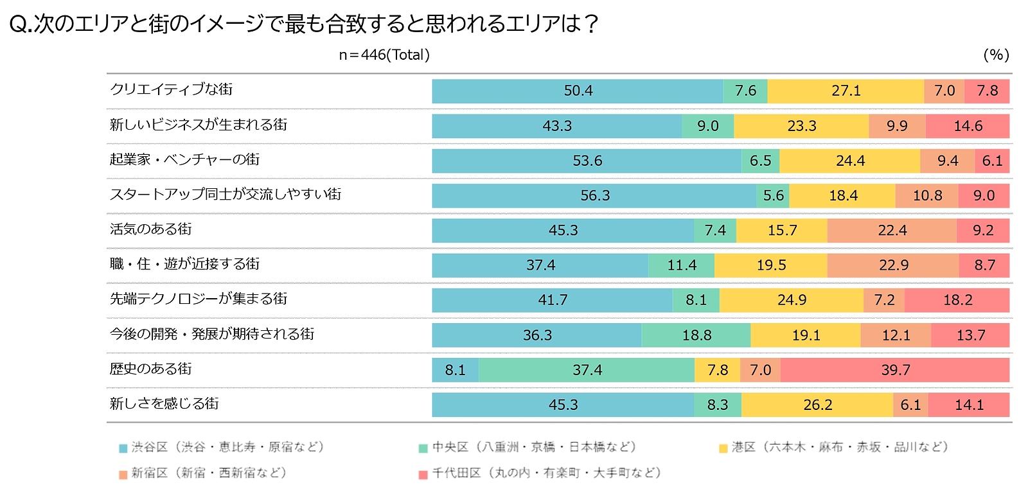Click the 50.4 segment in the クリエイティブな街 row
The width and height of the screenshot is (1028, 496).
(578, 91)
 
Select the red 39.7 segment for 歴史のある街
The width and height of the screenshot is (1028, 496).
(895, 370)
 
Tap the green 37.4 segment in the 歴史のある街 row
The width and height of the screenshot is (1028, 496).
(587, 370)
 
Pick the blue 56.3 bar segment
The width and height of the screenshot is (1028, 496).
(594, 196)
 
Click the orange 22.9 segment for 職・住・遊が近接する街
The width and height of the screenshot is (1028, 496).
(893, 265)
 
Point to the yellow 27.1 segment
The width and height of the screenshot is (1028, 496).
(846, 91)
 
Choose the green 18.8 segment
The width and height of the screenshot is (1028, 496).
(696, 335)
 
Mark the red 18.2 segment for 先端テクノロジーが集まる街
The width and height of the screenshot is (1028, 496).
(957, 300)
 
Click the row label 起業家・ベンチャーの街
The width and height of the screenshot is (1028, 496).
(184, 160)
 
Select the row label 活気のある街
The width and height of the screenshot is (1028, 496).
(151, 229)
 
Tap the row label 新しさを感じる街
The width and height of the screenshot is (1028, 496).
(164, 403)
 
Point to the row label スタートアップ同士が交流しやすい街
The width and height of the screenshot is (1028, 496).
(226, 195)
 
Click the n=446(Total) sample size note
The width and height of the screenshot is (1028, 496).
(384, 55)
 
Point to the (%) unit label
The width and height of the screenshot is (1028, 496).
(996, 55)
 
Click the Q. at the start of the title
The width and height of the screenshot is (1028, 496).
(21, 24)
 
